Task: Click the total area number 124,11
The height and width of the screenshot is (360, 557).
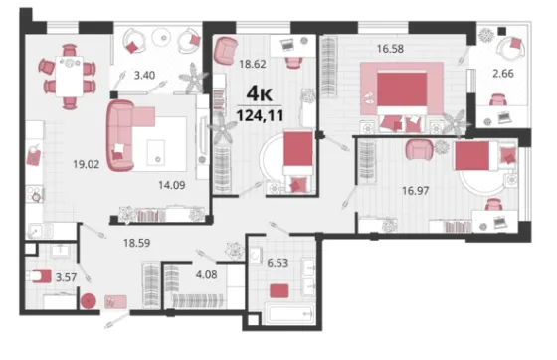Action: [260, 115]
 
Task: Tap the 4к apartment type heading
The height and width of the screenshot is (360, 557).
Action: [260, 93]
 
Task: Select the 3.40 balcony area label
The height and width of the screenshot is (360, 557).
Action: [144, 76]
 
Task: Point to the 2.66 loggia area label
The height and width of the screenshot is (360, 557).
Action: [503, 74]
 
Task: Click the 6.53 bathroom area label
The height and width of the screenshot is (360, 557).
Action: [278, 263]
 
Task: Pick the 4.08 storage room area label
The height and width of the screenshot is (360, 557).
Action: [206, 274]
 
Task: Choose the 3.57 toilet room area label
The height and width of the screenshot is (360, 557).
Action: [66, 277]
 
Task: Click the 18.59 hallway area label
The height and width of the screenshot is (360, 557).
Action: [137, 243]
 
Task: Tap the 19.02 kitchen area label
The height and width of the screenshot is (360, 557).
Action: [86, 164]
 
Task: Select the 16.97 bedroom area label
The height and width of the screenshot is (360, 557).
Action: [416, 191]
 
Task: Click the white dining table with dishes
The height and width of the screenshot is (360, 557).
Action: [69, 76]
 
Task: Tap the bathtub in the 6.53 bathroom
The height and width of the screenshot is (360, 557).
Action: [289, 314]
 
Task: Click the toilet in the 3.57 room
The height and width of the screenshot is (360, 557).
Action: [40, 275]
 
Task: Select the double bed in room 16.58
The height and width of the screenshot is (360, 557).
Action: [402, 99]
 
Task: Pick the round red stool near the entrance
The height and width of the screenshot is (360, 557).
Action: [89, 301]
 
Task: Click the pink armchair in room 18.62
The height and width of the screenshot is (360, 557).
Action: [226, 51]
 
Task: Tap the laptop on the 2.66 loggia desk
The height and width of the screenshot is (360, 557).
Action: [504, 117]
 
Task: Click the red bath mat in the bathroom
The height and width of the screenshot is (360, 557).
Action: [278, 291]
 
